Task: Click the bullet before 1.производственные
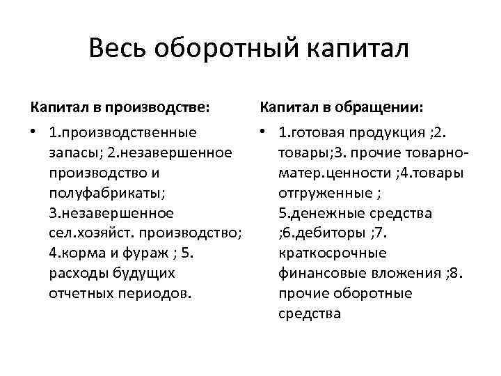tap(35, 132)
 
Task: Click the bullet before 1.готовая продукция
tap(264, 132)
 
